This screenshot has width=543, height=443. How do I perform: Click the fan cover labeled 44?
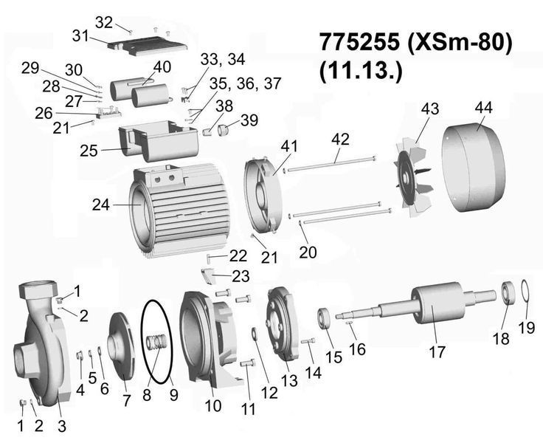[474, 168]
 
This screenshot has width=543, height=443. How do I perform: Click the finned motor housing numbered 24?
[180, 211]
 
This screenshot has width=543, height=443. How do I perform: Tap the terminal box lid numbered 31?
[147, 47]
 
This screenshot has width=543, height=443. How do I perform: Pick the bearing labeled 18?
[509, 293]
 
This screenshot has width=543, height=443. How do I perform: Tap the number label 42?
[340, 140]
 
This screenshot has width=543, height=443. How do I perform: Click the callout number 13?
[289, 380]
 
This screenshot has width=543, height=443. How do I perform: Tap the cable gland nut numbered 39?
[224, 131]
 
